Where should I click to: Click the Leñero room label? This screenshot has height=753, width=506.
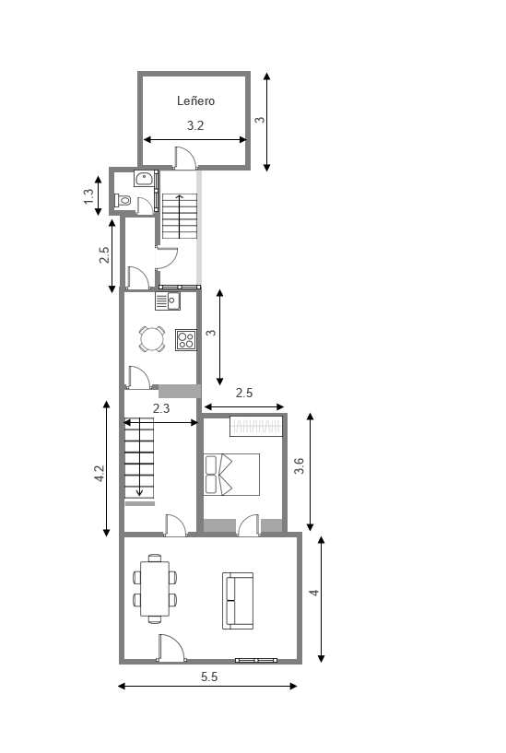tap(195, 101)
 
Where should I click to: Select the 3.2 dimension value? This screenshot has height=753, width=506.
tap(195, 126)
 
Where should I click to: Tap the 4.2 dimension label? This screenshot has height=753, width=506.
tap(100, 474)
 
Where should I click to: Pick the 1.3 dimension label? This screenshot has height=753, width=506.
tap(88, 195)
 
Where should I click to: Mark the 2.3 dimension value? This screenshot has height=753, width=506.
tap(161, 407)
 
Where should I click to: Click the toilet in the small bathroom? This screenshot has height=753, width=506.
tap(124, 199)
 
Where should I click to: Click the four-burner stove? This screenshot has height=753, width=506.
tap(185, 340)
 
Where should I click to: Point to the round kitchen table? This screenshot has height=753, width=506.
tap(151, 340)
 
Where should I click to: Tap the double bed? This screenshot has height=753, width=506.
tap(231, 475)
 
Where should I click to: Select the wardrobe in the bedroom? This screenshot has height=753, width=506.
tap(256, 427)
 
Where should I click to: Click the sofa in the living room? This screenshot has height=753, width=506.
tap(238, 600)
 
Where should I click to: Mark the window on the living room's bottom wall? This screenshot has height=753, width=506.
tap(256, 660)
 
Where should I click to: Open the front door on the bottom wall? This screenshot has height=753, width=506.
tap(171, 649)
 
